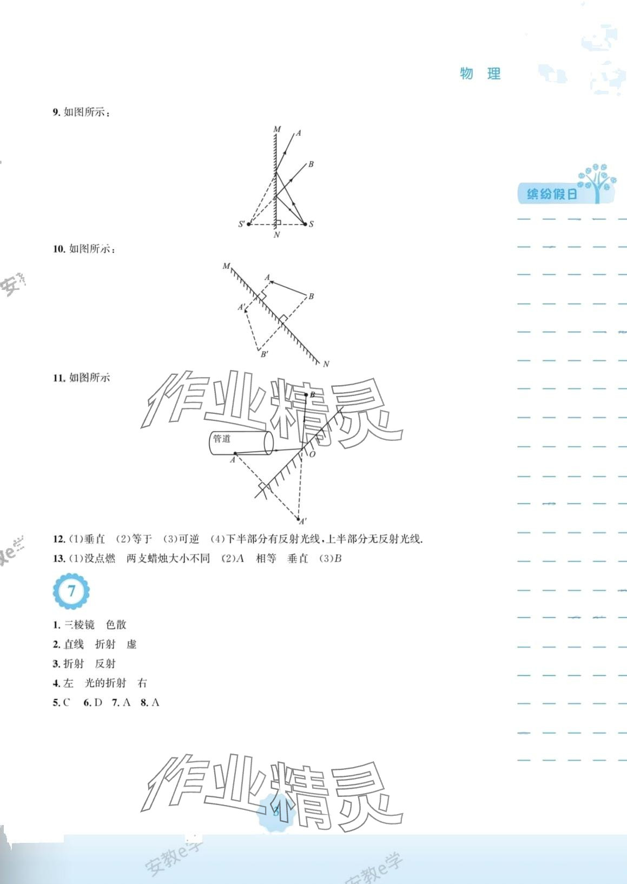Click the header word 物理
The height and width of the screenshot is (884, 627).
point(480,74)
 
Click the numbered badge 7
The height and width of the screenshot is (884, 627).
point(71,591)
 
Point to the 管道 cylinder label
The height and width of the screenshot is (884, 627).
point(222,438)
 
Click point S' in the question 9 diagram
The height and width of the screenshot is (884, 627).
point(242,224)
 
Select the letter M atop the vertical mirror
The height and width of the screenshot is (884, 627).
point(277,129)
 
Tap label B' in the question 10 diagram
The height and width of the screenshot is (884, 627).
point(265,354)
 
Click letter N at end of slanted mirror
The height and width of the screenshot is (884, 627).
point(326,364)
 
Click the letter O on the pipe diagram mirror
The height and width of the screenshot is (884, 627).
point(312,454)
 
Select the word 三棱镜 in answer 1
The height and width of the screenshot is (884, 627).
point(80,625)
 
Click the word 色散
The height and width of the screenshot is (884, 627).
point(116,625)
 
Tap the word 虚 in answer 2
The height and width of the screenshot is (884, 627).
point(131,644)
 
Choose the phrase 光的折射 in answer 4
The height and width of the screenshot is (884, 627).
point(105,683)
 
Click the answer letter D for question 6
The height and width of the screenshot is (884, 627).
point(98,703)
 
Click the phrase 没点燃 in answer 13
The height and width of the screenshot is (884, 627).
point(100,559)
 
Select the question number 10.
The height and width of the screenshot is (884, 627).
point(58,249)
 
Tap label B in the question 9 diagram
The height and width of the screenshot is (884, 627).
point(311,164)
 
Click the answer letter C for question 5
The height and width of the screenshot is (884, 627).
point(67,703)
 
